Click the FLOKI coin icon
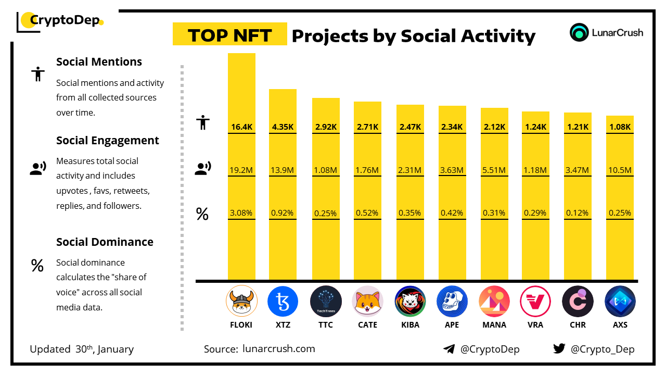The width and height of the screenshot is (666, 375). click(x=241, y=302)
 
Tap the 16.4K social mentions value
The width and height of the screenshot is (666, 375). click(x=241, y=127)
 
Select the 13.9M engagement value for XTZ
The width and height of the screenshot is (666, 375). click(x=283, y=170)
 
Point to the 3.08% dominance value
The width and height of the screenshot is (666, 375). click(x=241, y=213)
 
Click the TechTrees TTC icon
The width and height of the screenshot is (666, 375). click(x=326, y=302)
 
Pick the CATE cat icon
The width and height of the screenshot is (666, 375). click(x=368, y=302)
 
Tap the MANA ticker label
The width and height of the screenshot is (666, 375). click(x=494, y=324)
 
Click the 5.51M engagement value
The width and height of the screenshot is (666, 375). click(x=494, y=170)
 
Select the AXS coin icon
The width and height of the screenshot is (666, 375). click(x=620, y=302)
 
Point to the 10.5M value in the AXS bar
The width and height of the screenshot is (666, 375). click(x=620, y=170)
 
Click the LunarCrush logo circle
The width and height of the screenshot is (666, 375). click(x=579, y=32)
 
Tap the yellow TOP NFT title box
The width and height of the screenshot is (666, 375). click(x=230, y=34)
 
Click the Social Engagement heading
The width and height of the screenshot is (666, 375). click(x=108, y=141)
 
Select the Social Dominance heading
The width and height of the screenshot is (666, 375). click(x=105, y=242)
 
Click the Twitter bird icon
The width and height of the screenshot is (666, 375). click(x=559, y=349)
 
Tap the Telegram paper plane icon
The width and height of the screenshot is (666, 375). click(x=449, y=349)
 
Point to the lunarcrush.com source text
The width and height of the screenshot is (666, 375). click(x=279, y=349)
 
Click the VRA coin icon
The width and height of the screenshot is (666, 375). click(x=535, y=302)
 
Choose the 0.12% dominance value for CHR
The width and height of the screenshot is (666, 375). click(x=578, y=213)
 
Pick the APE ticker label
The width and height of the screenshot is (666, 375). click(x=452, y=324)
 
